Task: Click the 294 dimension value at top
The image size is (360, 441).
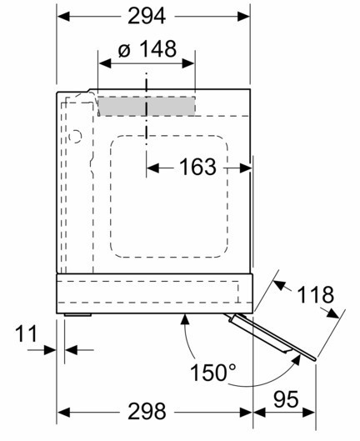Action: click(x=147, y=16)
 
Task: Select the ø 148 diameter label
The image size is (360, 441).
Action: click(x=147, y=49)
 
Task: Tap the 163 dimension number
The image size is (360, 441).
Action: click(x=197, y=167)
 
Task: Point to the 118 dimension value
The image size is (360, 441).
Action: click(x=315, y=294)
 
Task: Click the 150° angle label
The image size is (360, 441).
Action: click(x=212, y=372)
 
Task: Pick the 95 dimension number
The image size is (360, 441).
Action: click(x=286, y=399)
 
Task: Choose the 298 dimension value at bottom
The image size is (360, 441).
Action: click(x=147, y=411)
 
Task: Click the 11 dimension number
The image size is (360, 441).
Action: click(x=26, y=333)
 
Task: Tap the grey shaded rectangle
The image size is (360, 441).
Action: click(x=147, y=106)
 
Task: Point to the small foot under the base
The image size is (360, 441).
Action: click(x=77, y=315)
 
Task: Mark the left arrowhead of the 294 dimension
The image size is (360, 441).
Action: click(x=63, y=17)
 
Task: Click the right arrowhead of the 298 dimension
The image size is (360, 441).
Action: click(x=246, y=413)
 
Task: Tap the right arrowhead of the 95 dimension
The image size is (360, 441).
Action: click(x=309, y=413)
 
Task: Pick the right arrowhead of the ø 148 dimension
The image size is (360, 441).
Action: click(x=188, y=63)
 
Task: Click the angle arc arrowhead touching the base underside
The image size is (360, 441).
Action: click(x=185, y=320)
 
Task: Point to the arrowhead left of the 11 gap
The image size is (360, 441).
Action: click(x=50, y=350)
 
